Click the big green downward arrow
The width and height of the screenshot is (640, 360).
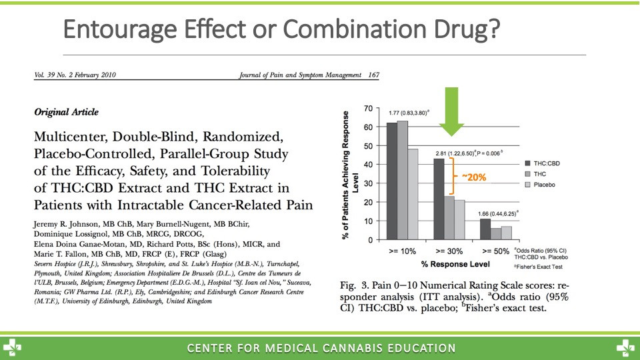[451, 111]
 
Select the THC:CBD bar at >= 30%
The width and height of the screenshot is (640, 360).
[439, 199]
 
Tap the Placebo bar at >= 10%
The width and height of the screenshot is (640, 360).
[413, 194]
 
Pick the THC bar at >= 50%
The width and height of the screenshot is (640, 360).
[495, 234]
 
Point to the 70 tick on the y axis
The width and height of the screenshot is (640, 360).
[368, 109]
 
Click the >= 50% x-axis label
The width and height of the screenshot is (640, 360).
[495, 251]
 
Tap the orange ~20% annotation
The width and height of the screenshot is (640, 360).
[474, 177]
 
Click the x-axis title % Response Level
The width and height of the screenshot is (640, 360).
[455, 264]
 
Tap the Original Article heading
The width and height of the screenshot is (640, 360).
[66, 112]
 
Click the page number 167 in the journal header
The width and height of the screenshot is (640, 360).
[373, 75]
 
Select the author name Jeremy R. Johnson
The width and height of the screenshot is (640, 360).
[66, 224]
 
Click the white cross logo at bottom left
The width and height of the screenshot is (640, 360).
[11, 348]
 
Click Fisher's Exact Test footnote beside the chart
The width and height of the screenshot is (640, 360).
[539, 267]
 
